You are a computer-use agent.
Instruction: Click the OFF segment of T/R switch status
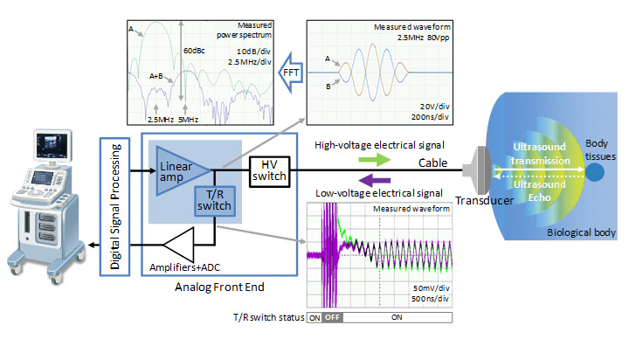332,317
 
